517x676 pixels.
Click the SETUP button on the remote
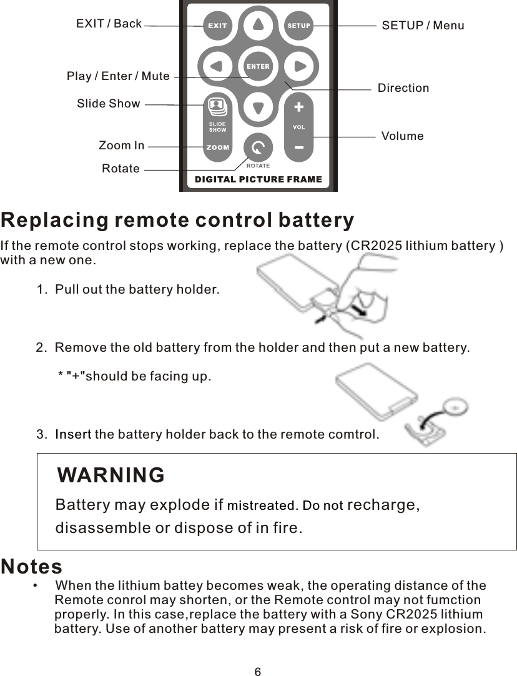point(298,26)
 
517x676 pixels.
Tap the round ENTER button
point(258,66)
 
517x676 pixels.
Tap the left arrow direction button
point(216,66)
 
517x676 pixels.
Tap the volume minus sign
point(298,148)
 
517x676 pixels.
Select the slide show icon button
point(217,106)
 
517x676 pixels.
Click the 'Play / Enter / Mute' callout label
point(118,76)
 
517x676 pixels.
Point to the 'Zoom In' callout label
point(121,146)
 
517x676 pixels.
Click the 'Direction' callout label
point(403,88)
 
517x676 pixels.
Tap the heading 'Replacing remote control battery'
point(177,221)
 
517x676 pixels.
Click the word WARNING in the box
point(111,475)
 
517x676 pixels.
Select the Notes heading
point(32,567)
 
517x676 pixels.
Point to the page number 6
point(258,672)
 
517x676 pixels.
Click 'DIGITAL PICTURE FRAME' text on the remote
point(258,179)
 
